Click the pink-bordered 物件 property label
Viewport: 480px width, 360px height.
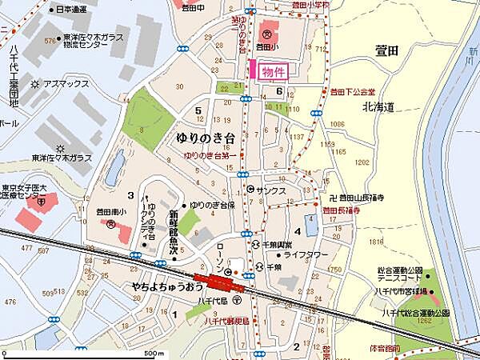pos(273,71)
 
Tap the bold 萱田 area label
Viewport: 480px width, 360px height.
pos(391,50)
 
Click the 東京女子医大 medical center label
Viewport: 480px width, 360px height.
pos(26,193)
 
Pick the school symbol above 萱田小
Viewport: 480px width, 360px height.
pos(266,34)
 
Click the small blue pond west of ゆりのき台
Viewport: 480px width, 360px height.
pos(116,168)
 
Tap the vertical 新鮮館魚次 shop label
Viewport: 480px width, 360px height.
pos(171,230)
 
